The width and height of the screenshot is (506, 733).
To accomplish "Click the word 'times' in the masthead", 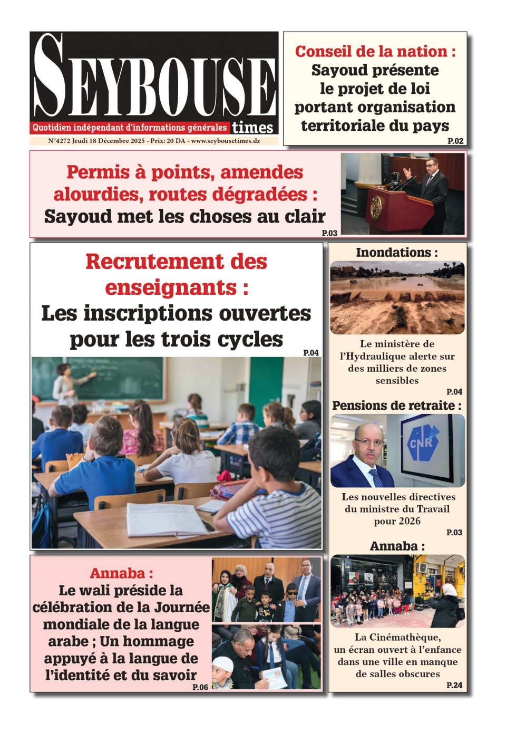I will [252, 128].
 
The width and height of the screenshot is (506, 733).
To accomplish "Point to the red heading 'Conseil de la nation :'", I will [375, 52].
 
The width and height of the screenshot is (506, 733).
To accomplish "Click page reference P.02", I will [455, 141].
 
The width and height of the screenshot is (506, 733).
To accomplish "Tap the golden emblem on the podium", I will [376, 207].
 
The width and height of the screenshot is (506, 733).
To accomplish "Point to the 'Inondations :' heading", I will [397, 253].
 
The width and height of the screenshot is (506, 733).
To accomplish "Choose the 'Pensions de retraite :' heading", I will [397, 406].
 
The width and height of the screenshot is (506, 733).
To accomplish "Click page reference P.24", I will [454, 685].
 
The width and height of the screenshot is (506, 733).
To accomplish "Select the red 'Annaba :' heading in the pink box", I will [121, 573].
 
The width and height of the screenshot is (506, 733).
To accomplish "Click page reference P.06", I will [200, 687].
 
